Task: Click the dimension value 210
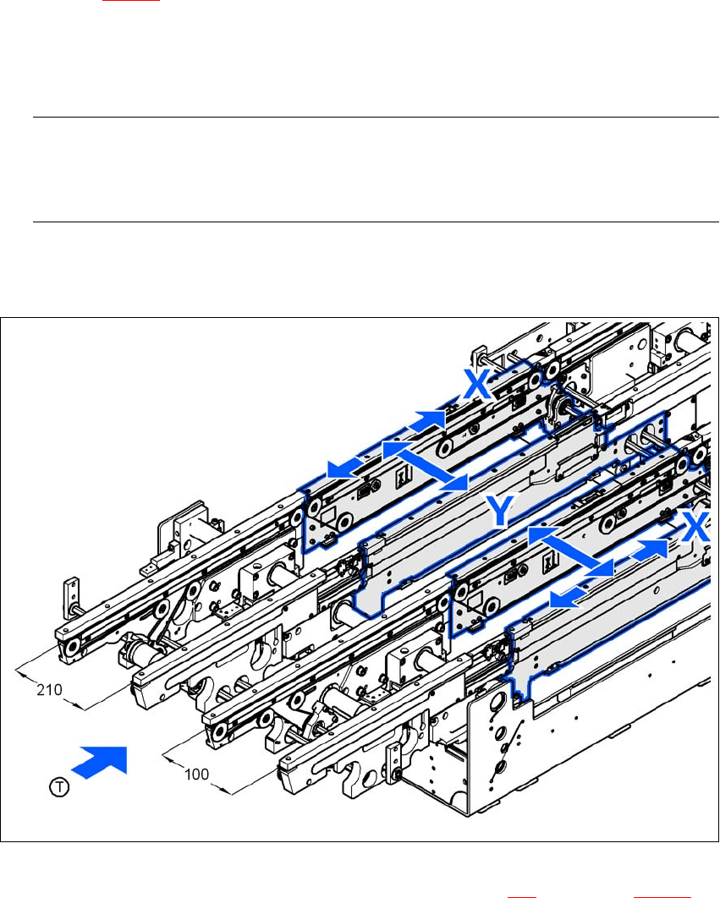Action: coord(49,690)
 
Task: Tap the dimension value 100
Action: coord(196,775)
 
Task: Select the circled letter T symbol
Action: coord(59,787)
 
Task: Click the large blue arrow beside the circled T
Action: coord(100,762)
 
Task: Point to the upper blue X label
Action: coord(477,384)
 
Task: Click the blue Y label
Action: coord(501,510)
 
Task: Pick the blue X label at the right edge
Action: coord(695,527)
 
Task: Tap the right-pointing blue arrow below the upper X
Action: coord(427,423)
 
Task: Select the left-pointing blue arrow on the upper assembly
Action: coord(346,467)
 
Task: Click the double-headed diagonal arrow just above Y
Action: coord(426,466)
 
